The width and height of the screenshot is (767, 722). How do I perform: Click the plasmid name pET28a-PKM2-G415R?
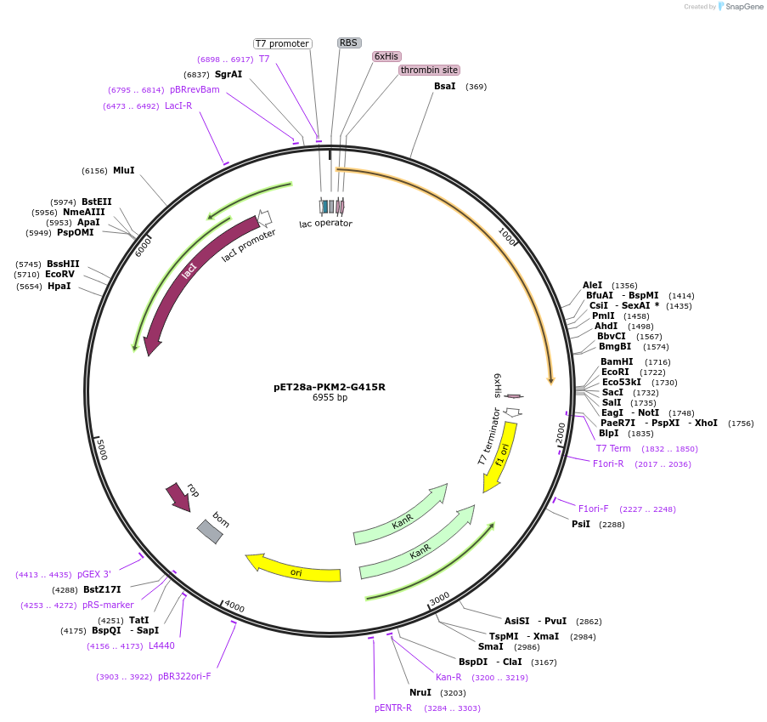(x=330, y=387)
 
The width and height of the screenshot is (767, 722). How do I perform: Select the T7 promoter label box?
(x=282, y=43)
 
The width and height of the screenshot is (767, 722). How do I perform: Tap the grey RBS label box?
(x=349, y=43)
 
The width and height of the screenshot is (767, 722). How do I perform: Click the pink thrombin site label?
(x=429, y=70)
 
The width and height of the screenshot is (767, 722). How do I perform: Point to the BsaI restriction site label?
(x=445, y=86)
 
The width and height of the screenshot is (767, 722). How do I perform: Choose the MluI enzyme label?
(x=124, y=170)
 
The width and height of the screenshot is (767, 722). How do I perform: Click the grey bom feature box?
(x=211, y=531)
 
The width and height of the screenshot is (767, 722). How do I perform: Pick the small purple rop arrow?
(x=179, y=497)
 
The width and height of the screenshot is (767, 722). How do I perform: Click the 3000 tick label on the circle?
(x=439, y=600)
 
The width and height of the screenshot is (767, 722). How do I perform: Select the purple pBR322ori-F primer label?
(x=184, y=677)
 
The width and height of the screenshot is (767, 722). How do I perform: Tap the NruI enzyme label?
(x=420, y=692)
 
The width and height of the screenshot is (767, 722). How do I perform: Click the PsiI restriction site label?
(x=581, y=524)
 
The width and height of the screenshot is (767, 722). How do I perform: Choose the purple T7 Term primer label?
(x=613, y=448)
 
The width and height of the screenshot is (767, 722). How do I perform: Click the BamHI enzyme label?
(x=617, y=361)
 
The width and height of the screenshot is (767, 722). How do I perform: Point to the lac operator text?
(x=325, y=224)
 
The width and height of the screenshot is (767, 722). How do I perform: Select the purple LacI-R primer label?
(x=178, y=106)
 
